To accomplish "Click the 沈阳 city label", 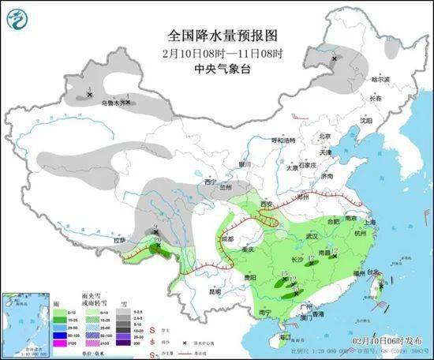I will point(365,121).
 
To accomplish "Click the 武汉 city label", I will point(311,236).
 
